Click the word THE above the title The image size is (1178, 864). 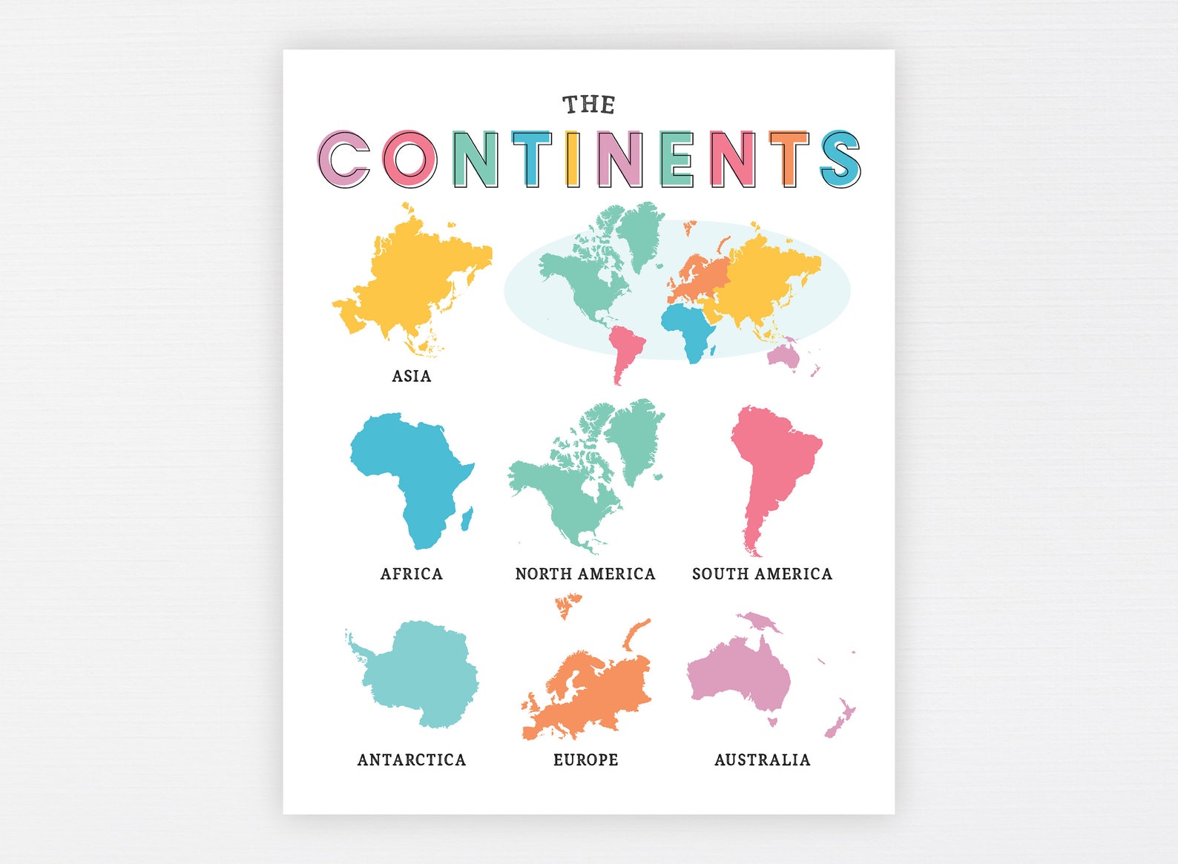click(588, 105)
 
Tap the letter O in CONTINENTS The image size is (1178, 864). click(410, 159)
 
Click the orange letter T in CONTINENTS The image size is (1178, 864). click(788, 159)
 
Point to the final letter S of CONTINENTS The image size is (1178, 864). click(840, 159)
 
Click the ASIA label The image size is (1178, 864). click(412, 376)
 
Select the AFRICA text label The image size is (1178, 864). click(412, 574)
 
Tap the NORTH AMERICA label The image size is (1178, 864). click(585, 574)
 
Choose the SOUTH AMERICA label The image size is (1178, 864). click(762, 574)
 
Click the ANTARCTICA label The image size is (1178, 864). click(412, 760)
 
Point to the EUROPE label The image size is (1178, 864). click(585, 760)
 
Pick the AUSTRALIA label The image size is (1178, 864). click(762, 760)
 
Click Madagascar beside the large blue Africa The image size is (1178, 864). click(467, 518)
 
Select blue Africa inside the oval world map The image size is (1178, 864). click(690, 326)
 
